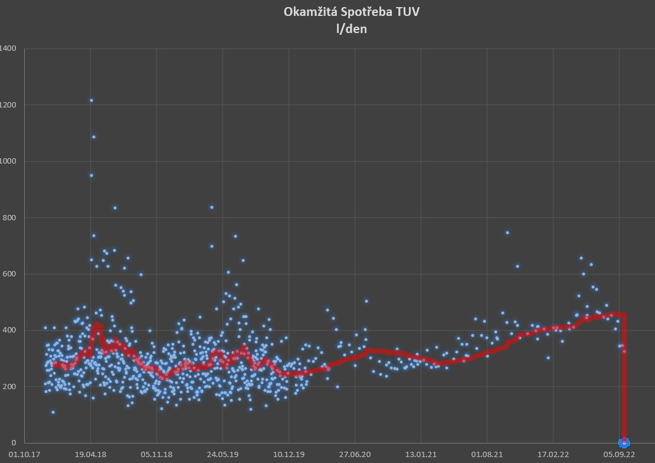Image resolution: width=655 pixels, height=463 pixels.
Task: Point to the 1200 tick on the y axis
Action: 8,105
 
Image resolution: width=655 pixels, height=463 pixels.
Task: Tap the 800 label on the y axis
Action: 10,218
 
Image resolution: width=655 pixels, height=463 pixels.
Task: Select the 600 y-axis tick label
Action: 10,274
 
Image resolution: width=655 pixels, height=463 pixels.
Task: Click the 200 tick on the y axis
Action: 10,387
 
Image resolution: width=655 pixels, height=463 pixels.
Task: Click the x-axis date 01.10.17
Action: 24,455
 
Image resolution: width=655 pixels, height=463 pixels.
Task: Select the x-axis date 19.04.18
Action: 90,455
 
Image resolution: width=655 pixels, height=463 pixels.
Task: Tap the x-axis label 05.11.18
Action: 156,455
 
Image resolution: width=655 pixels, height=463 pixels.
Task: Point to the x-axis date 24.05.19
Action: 222,455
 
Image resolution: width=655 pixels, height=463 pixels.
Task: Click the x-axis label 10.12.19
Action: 289,455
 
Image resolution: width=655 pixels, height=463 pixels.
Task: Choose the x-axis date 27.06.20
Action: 355,455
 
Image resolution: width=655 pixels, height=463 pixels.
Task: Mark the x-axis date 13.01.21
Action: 421,455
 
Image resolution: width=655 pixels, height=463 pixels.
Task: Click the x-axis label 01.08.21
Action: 487,455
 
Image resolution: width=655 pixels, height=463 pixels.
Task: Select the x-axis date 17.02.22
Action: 553,455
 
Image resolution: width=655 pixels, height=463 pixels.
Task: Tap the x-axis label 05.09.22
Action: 619,455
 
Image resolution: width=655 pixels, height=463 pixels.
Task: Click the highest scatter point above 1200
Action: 91,100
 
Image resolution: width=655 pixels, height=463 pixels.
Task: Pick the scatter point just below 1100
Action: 93,137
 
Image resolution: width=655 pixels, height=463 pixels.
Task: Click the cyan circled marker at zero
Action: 624,442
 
